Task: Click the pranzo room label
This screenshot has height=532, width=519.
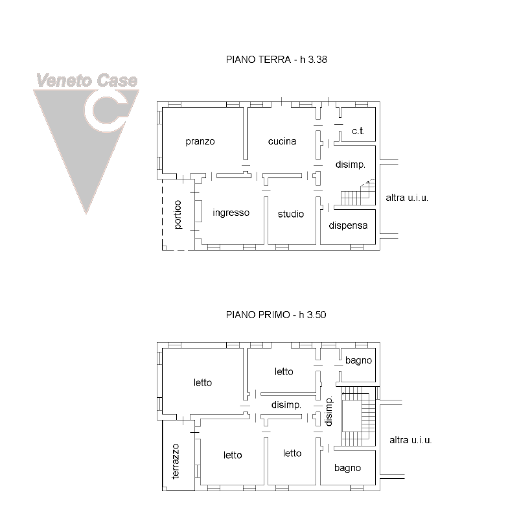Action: (x=200, y=141)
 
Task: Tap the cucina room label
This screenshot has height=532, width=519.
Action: (x=283, y=141)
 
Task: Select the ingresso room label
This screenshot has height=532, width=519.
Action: (x=231, y=213)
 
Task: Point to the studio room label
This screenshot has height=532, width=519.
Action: (x=291, y=214)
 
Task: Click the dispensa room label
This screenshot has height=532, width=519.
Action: (x=348, y=226)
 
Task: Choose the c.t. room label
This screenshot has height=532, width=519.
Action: (x=358, y=131)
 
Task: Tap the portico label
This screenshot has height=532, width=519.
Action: (x=178, y=214)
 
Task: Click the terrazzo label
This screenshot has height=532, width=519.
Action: (x=176, y=461)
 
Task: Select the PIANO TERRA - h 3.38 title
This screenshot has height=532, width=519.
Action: (x=277, y=60)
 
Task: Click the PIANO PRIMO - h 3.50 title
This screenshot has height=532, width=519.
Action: (x=276, y=314)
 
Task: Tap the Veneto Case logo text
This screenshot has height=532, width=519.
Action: (x=87, y=80)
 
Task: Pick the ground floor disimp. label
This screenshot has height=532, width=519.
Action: (x=351, y=165)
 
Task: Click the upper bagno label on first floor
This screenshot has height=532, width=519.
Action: (x=358, y=360)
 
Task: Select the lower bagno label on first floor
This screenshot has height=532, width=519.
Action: (x=347, y=468)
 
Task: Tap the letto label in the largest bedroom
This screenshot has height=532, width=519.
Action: (x=203, y=383)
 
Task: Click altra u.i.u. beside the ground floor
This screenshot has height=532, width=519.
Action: (x=407, y=198)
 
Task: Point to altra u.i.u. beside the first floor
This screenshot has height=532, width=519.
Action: (x=410, y=440)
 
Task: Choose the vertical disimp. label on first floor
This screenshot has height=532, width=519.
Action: (x=329, y=411)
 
